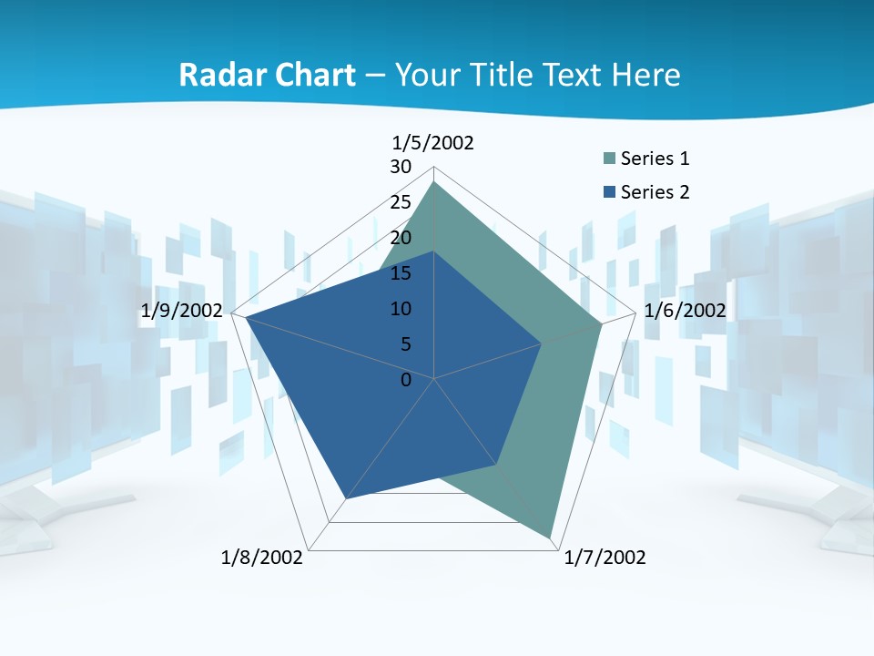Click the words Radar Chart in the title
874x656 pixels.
click(x=267, y=75)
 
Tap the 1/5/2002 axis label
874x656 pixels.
click(x=433, y=142)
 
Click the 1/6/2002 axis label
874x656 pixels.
click(x=685, y=311)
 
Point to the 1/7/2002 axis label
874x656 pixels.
click(x=605, y=558)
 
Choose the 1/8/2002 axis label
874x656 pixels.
click(x=262, y=558)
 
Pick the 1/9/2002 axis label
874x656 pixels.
click(x=182, y=311)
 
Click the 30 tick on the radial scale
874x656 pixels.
click(x=401, y=167)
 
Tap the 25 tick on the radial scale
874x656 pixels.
click(x=401, y=202)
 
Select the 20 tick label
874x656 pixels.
click(x=401, y=238)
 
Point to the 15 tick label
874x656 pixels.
click(x=401, y=273)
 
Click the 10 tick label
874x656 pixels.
click(x=401, y=309)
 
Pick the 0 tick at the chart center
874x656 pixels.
click(x=406, y=380)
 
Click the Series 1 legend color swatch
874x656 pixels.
click(x=609, y=159)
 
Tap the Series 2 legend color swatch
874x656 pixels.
click(x=609, y=192)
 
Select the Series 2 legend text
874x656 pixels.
click(x=655, y=192)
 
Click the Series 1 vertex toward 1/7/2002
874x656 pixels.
click(x=550, y=537)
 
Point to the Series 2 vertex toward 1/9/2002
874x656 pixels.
click(x=245, y=317)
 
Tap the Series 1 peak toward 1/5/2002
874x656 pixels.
click(x=434, y=182)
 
